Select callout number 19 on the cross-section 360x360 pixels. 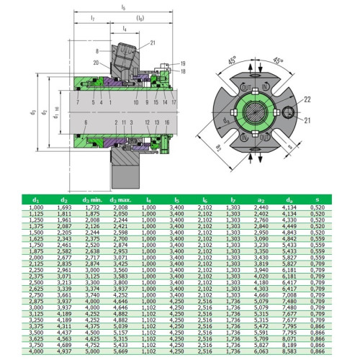tap(184, 64)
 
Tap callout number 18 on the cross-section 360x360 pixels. tap(184, 71)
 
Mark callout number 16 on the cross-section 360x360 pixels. tap(167, 122)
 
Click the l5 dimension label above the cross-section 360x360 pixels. tap(124, 6)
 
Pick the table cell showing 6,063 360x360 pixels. tap(261, 351)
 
